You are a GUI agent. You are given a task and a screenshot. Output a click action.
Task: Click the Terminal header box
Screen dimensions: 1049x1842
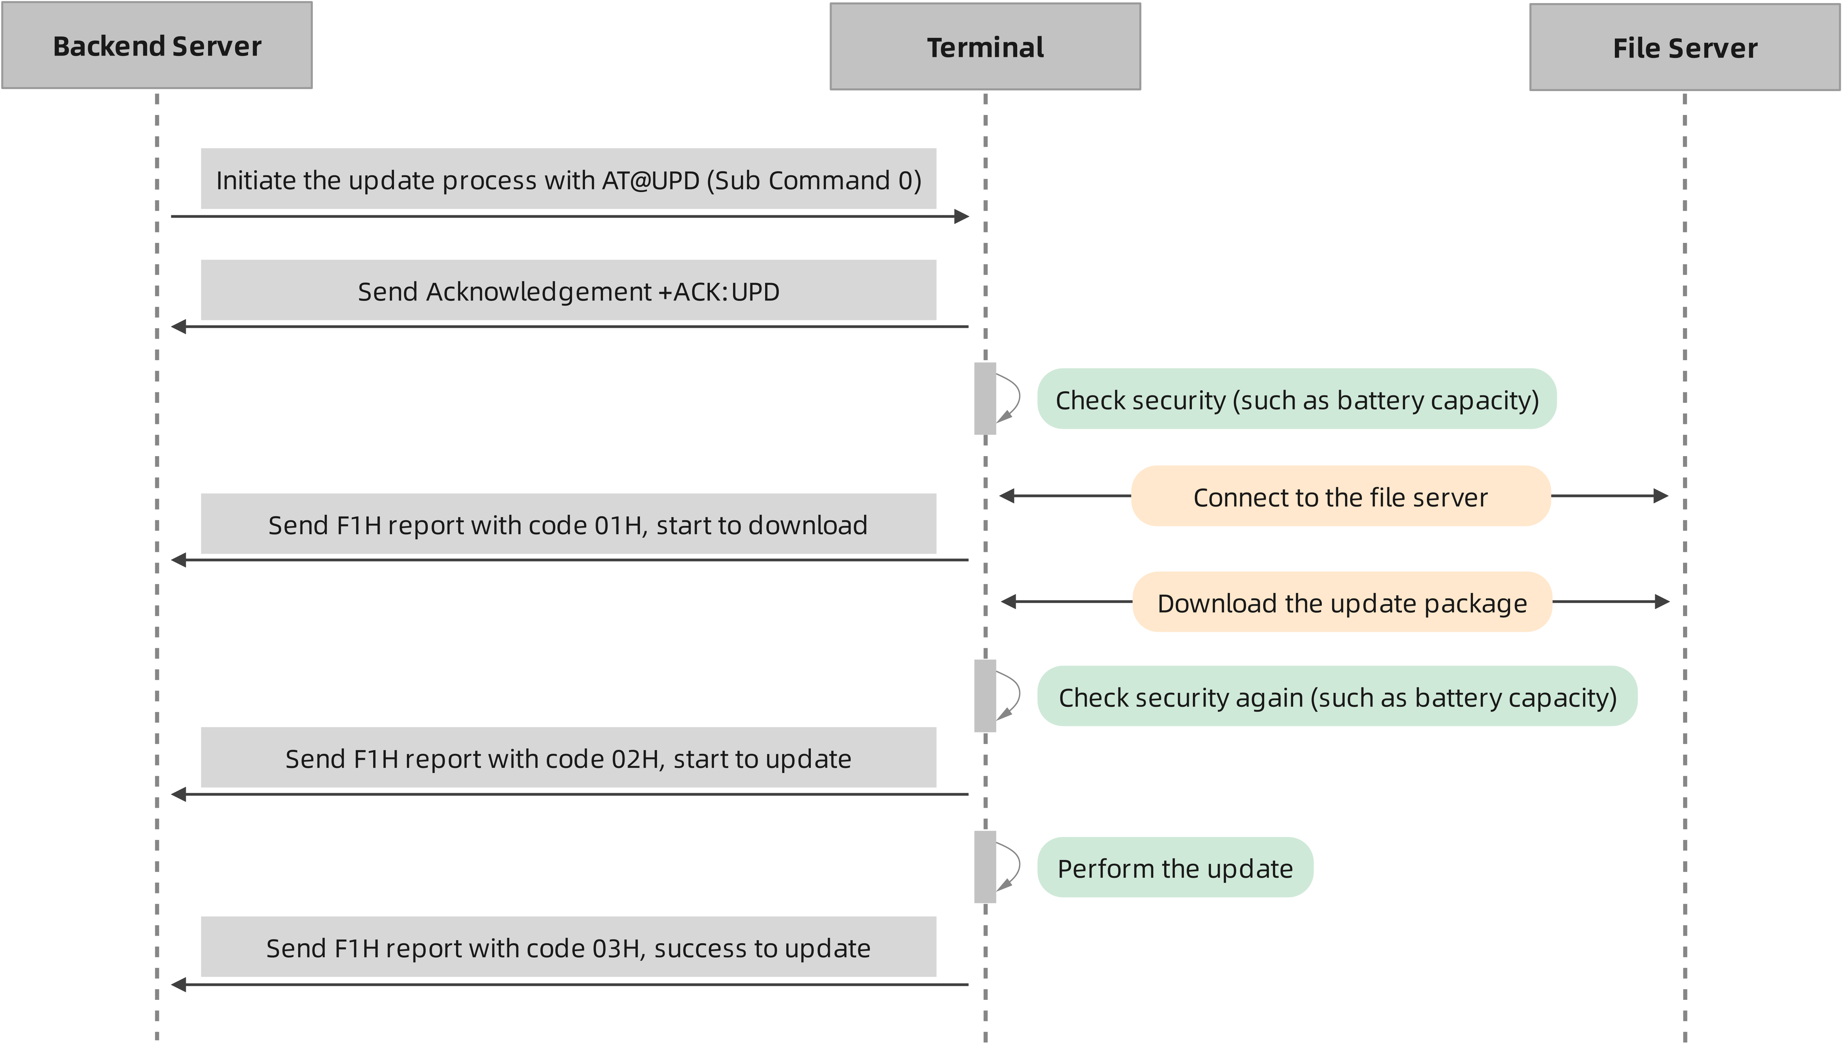click(985, 47)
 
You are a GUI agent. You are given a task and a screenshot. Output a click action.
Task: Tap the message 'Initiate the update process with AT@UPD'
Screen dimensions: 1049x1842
click(568, 179)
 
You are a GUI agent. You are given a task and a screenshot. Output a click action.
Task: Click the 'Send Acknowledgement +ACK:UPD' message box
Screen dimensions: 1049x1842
click(568, 290)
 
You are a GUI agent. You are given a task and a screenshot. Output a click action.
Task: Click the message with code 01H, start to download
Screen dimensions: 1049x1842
click(568, 525)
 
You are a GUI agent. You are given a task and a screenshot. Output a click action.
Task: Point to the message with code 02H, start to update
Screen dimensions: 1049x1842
click(568, 758)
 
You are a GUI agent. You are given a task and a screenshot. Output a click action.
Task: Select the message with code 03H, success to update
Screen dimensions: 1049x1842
click(568, 947)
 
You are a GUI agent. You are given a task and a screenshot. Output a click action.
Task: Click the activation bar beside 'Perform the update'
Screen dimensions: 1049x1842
click(985, 867)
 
